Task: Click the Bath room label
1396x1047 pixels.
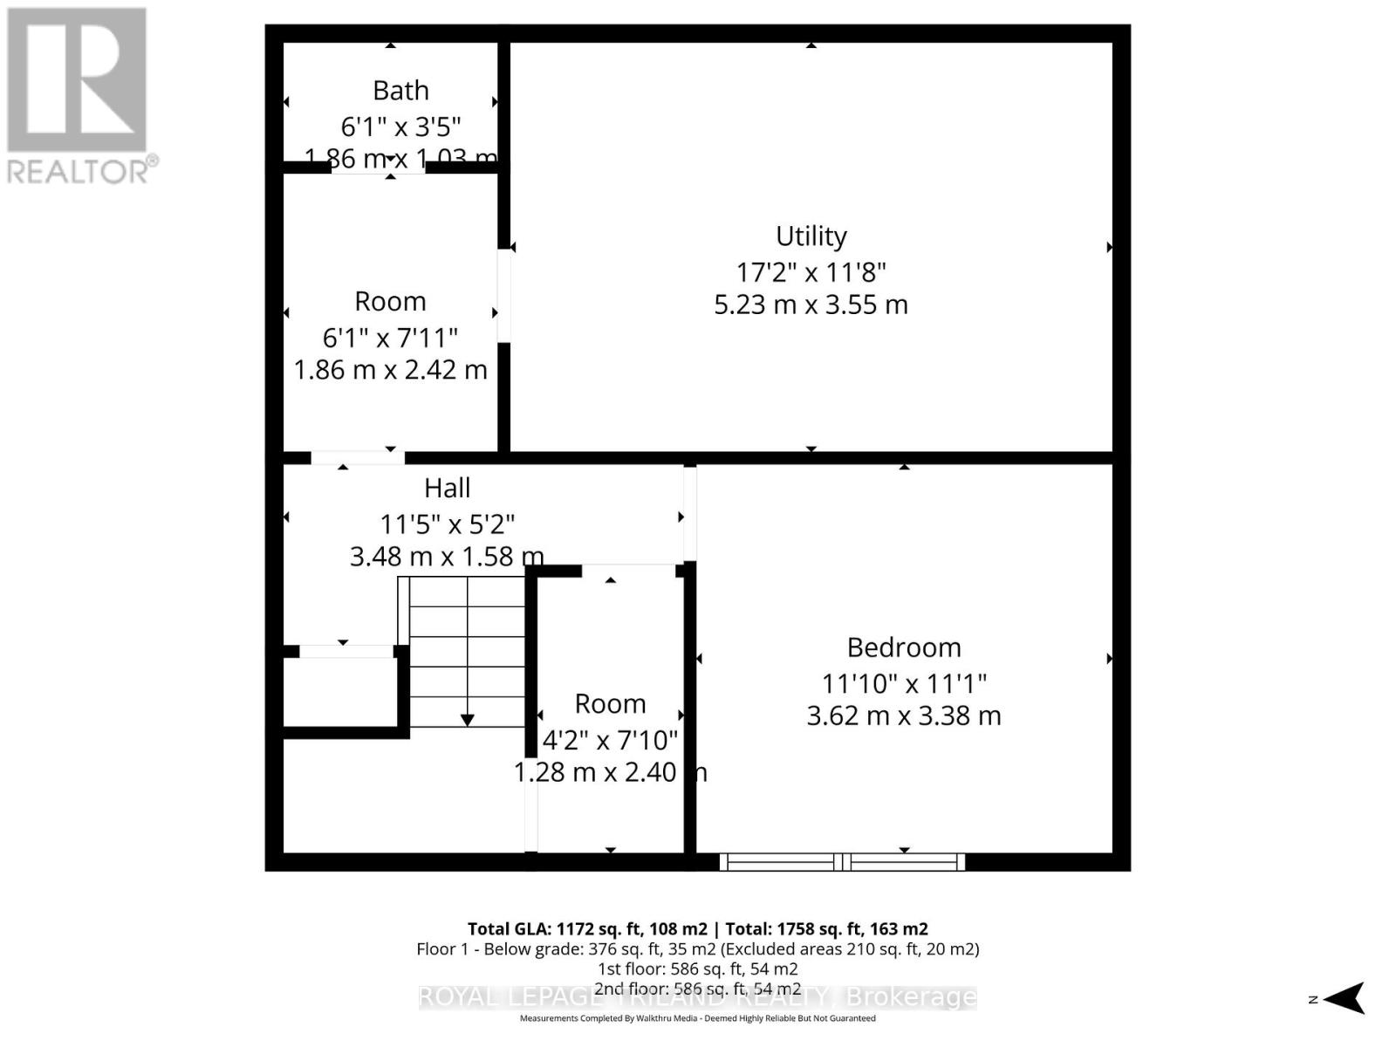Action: point(400,91)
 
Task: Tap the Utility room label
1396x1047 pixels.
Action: point(811,236)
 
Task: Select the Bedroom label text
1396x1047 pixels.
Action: point(904,647)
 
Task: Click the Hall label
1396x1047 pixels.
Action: point(447,488)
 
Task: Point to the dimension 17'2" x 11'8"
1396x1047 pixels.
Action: point(811,272)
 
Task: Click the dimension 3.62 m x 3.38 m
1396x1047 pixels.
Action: point(904,715)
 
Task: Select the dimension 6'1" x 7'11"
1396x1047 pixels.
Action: point(390,337)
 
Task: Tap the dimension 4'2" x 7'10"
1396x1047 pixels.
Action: point(610,740)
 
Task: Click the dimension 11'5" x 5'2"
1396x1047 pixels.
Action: point(447,524)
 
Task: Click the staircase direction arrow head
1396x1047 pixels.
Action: point(468,720)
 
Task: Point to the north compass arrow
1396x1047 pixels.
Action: point(1347,998)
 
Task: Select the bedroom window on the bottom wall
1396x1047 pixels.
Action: point(842,862)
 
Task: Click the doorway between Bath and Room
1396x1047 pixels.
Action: point(378,168)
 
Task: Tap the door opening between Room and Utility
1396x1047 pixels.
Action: point(504,295)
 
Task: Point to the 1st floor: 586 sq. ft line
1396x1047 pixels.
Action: point(697,968)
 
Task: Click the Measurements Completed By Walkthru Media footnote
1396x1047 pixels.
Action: point(697,1018)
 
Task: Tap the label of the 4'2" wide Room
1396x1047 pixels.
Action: point(610,703)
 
